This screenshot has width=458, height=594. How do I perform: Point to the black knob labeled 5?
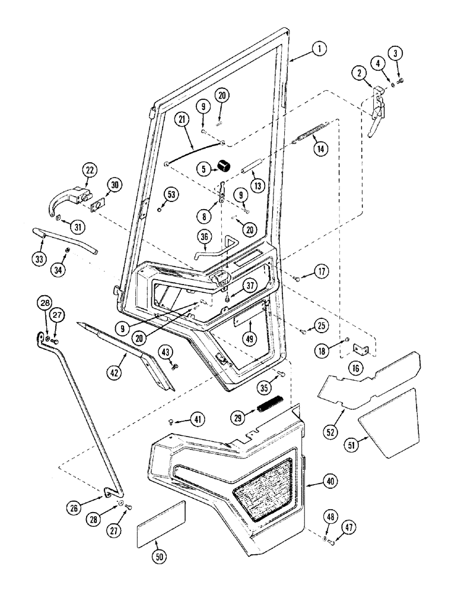(225, 166)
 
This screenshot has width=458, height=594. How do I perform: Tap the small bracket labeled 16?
(361, 350)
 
